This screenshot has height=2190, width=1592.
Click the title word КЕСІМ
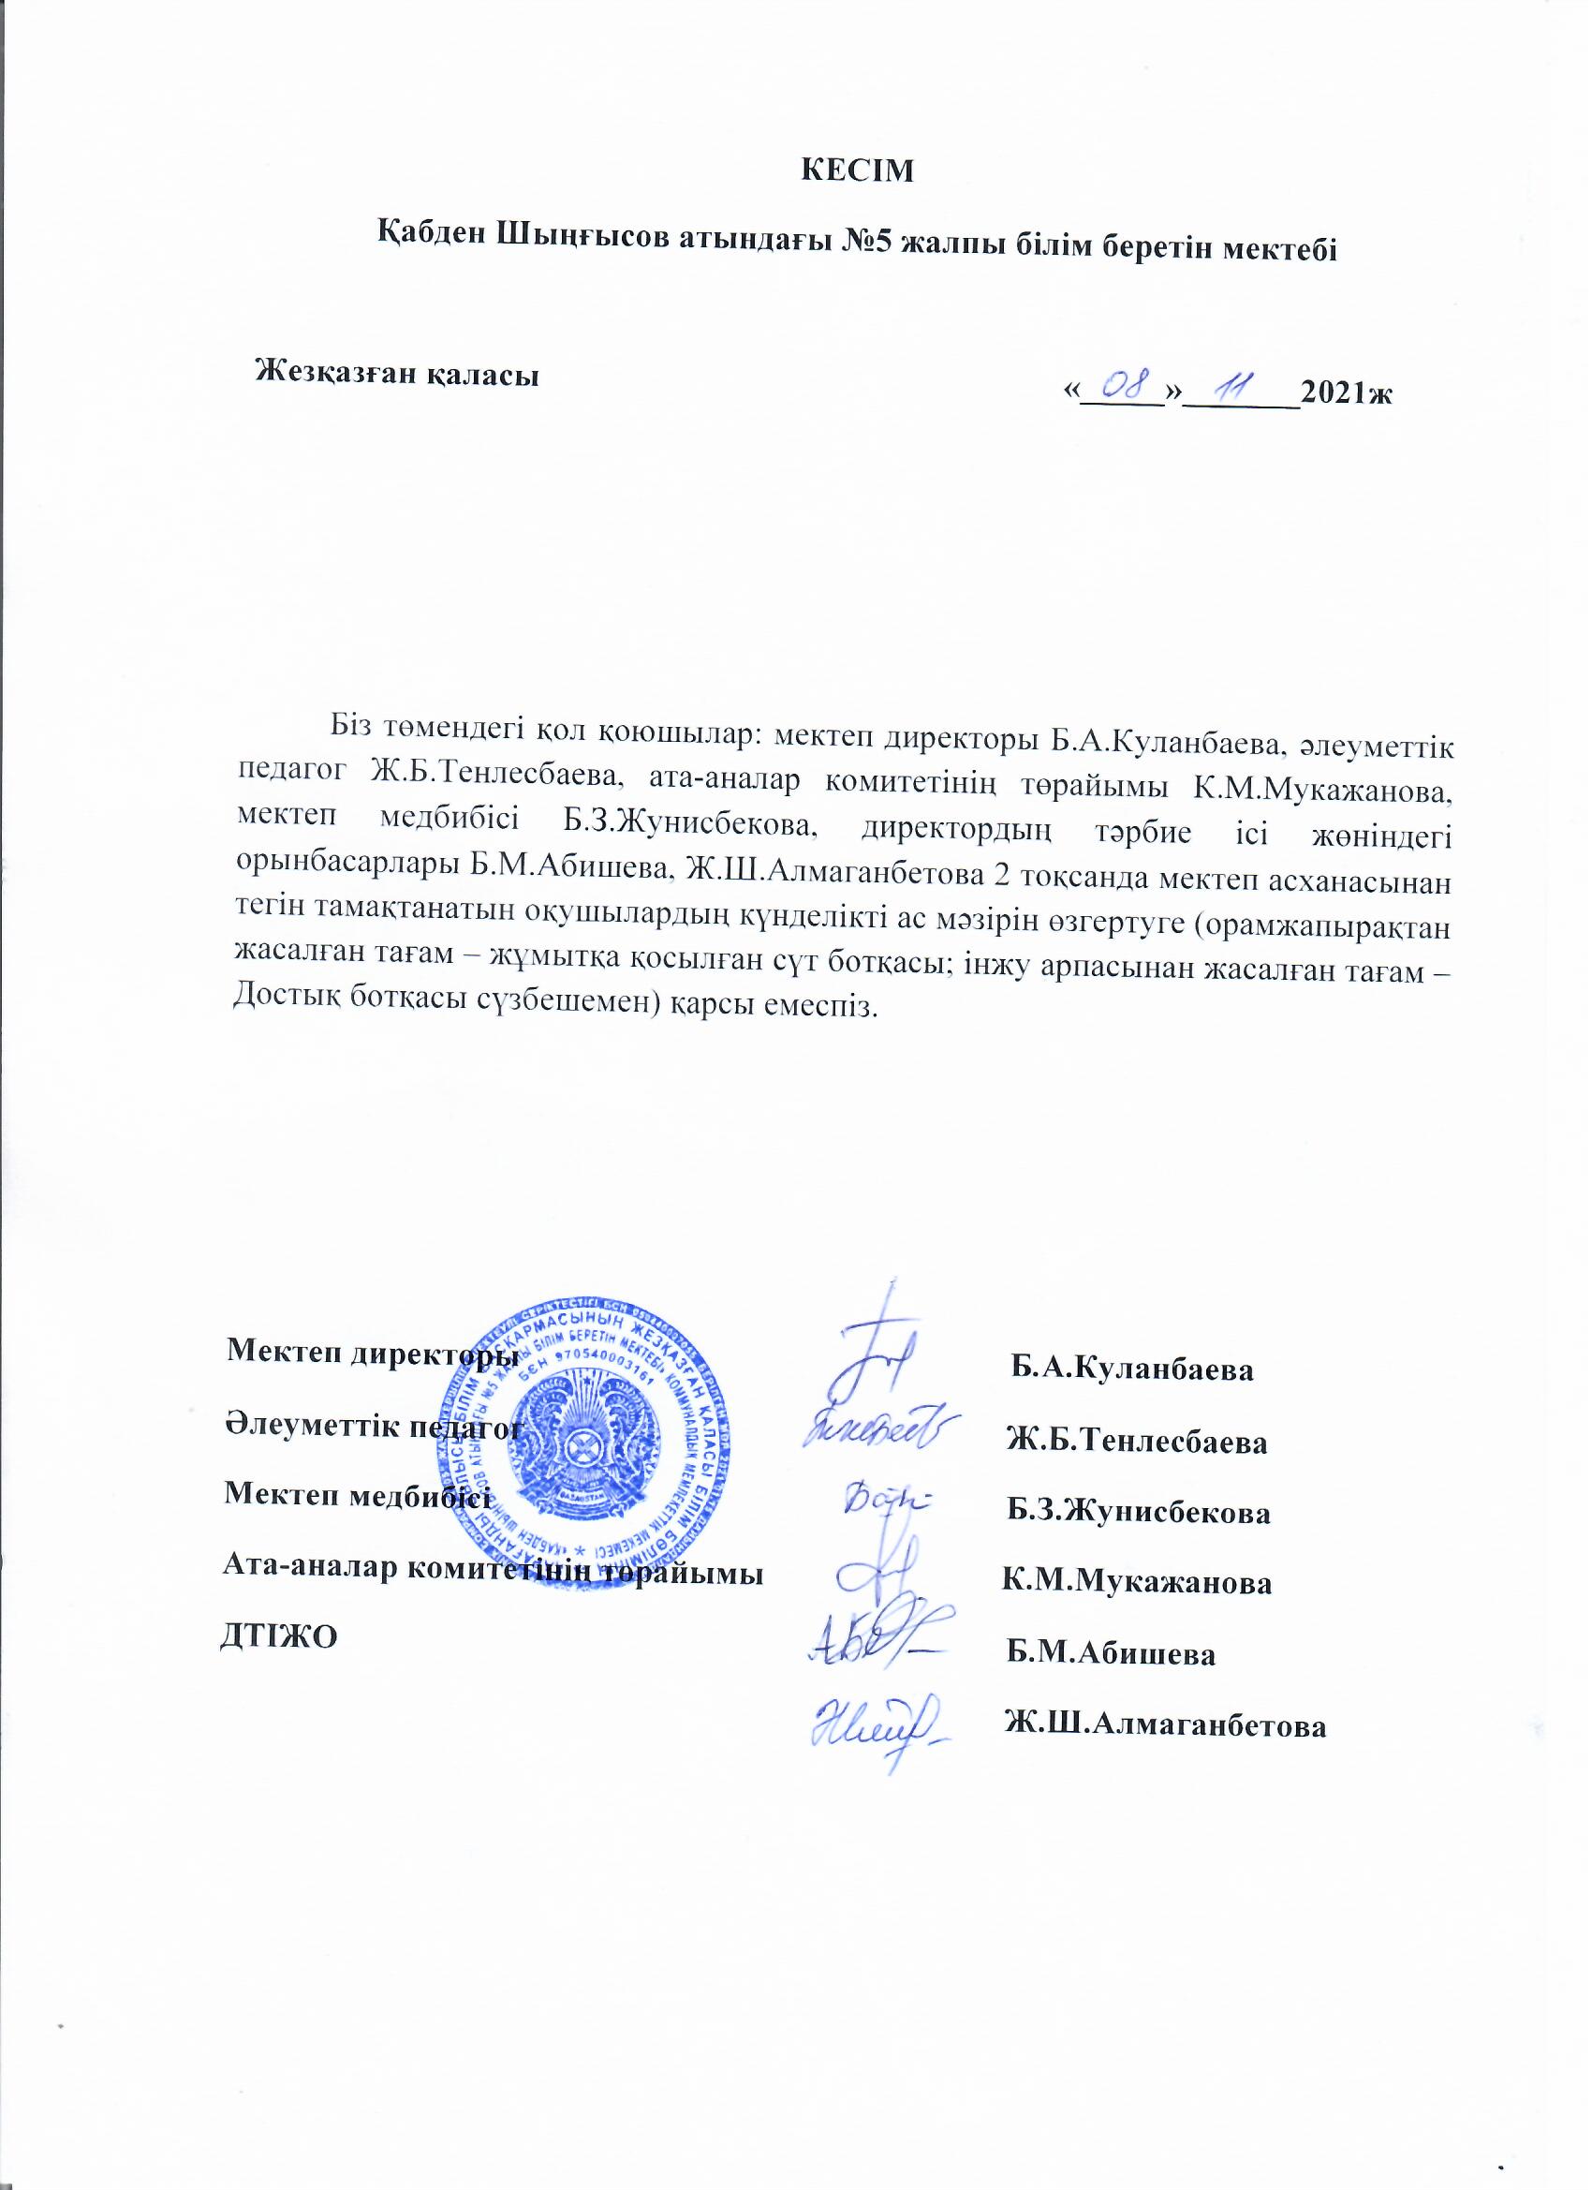[x=857, y=170]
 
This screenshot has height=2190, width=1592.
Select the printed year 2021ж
[x=1345, y=393]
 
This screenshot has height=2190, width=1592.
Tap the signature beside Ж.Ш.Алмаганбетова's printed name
[x=875, y=1723]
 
